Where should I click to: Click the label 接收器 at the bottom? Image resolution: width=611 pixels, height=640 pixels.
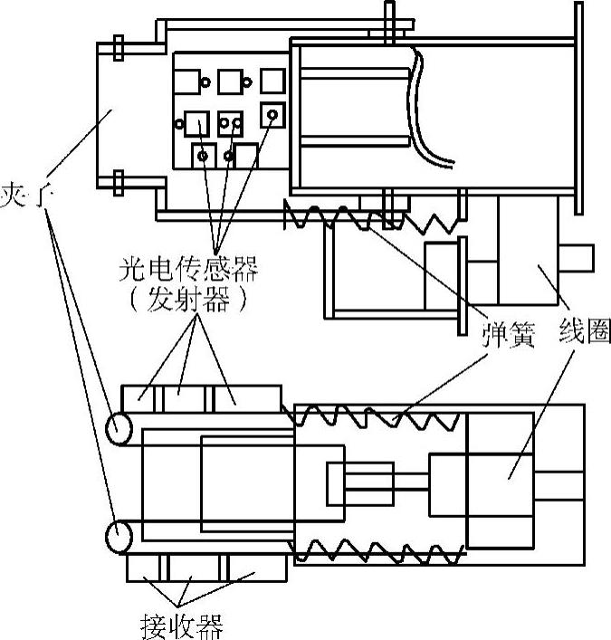click(x=181, y=625)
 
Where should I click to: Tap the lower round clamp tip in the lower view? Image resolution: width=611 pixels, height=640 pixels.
click(x=119, y=537)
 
